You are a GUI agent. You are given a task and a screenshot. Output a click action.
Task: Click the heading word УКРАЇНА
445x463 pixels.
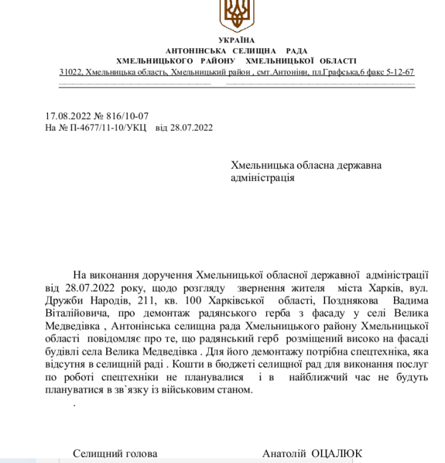pyautogui.click(x=236, y=40)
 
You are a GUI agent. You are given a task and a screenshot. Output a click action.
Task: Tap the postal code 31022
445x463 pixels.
pyautogui.click(x=70, y=73)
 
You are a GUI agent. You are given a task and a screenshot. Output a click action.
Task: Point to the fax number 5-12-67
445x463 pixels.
pyautogui.click(x=400, y=73)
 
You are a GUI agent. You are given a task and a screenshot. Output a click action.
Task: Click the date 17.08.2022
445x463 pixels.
pyautogui.click(x=67, y=116)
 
